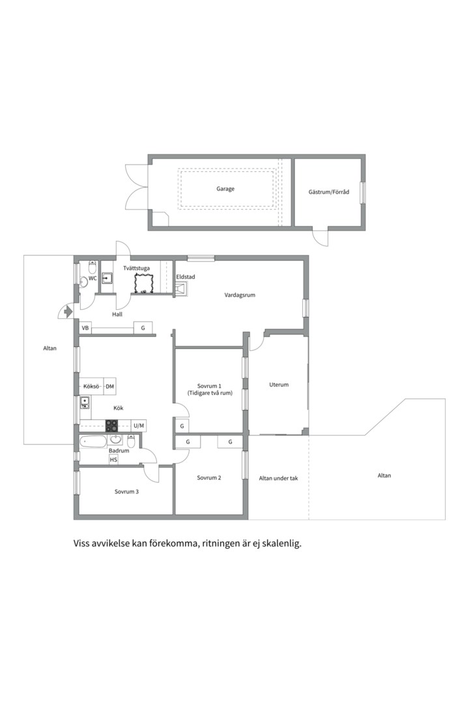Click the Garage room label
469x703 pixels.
pos(225,189)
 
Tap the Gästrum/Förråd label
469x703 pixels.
pos(328,192)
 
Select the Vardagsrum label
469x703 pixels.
pos(240,295)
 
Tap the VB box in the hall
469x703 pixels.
pos(85,328)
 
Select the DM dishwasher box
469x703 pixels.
pos(110,387)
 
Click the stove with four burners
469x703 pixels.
pos(112,426)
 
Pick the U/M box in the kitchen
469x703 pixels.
pos(139,426)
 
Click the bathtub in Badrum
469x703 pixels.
pos(93,442)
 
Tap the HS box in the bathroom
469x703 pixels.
pos(113,460)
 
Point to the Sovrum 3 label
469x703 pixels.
pos(126,492)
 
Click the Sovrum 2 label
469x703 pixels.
pos(209,478)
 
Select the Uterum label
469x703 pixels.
pos(279,385)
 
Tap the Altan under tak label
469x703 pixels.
pos(278,478)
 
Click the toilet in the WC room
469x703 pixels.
pos(92,268)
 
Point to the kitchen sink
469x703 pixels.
pos(85,403)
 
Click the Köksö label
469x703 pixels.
pos(91,387)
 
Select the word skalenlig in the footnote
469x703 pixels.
pos(283,544)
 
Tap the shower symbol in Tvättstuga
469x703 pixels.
pos(143,283)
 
